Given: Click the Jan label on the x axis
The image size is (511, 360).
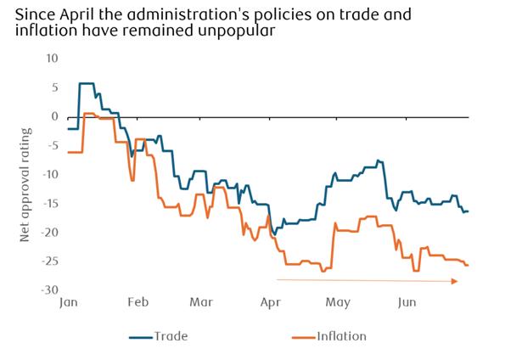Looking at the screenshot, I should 69,301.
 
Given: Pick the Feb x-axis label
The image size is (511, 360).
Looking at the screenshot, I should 138,301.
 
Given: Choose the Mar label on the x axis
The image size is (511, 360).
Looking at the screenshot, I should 201,301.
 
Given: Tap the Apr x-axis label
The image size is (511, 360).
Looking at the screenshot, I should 271,301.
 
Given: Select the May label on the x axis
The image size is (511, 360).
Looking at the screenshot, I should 338,301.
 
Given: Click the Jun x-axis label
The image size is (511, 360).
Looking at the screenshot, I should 407,301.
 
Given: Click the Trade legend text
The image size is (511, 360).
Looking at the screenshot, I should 171,336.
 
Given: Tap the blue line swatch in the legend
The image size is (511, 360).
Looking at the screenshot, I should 139,336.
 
